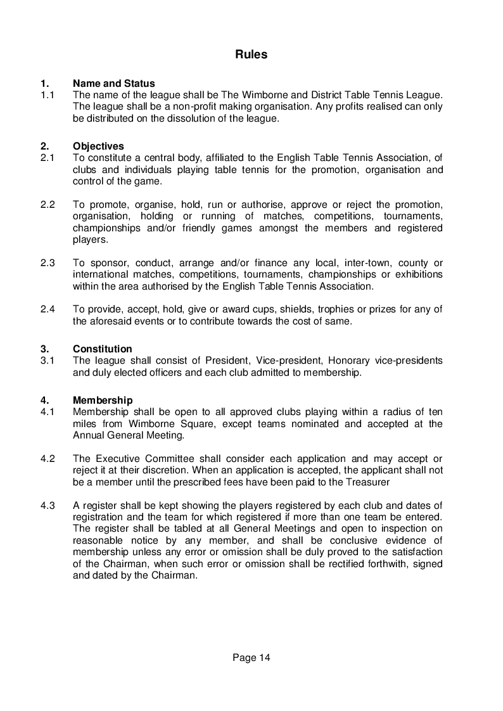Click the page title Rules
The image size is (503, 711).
251,54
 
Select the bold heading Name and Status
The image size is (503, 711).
114,84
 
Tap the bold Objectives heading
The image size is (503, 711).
98,146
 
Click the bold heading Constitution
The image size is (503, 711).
103,349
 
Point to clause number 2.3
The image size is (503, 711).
48,263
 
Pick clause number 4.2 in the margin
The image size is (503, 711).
48,458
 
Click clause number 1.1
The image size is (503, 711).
48,95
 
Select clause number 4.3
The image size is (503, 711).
48,505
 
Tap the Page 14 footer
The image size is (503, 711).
251,658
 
